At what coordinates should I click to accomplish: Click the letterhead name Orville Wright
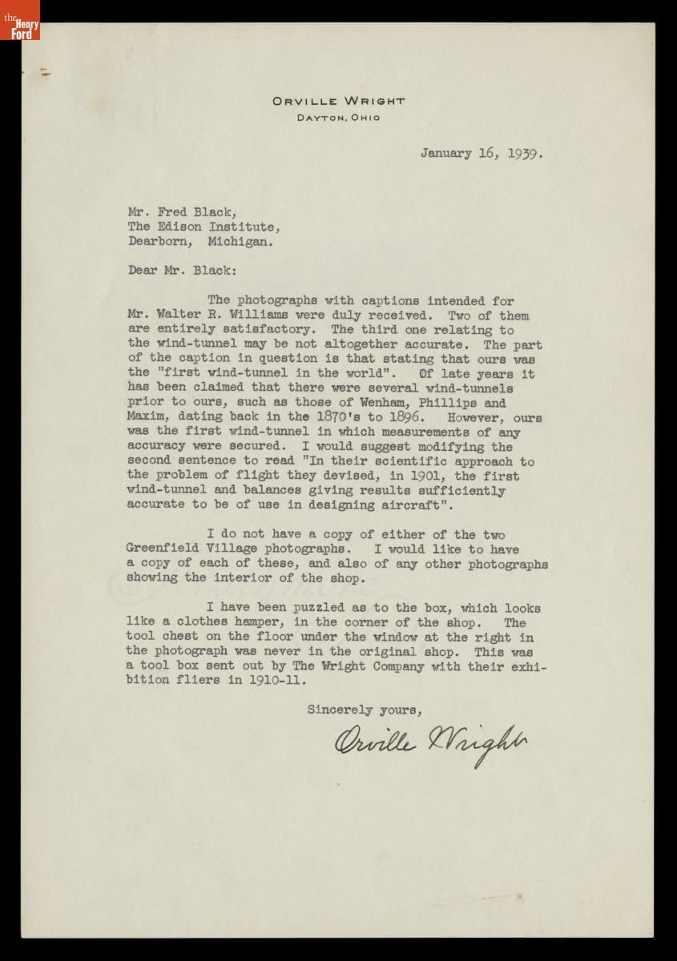338,102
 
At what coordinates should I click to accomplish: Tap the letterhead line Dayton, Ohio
338,118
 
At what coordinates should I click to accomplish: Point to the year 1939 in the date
524,153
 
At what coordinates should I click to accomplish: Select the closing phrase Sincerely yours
364,709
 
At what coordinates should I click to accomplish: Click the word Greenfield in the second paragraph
159,549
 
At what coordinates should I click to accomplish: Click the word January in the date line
446,153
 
